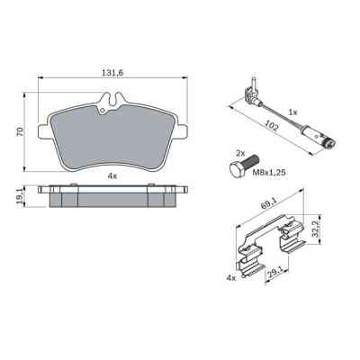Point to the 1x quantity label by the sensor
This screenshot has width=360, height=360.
292,112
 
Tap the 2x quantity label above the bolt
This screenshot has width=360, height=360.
240,154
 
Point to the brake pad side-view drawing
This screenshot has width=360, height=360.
112,196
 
